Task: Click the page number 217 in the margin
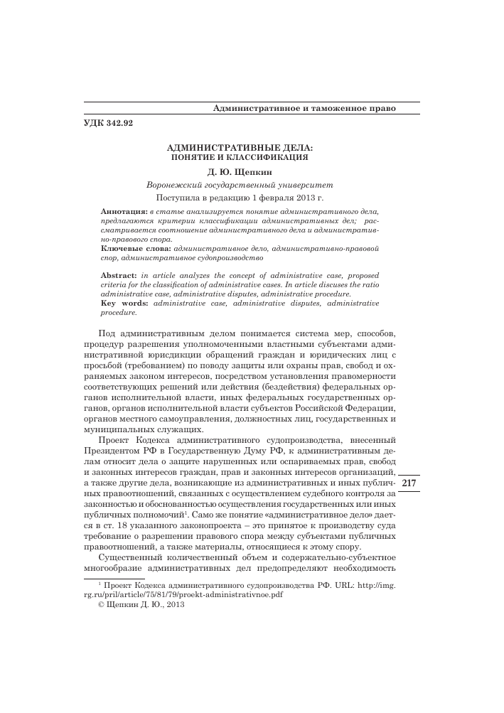[412, 483]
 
